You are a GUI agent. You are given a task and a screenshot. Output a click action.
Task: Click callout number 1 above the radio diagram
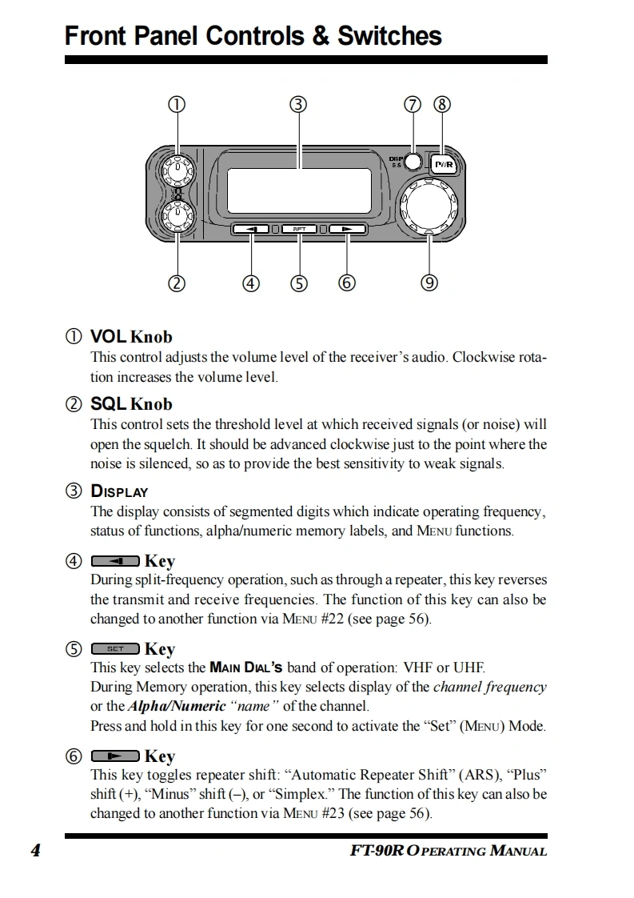coord(177,104)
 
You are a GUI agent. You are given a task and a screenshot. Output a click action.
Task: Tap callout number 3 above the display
coord(299,104)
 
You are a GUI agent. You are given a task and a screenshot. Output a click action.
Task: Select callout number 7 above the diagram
coord(413,104)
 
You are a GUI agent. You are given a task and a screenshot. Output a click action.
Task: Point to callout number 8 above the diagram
coord(442,104)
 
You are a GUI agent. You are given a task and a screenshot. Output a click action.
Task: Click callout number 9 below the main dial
coord(430,282)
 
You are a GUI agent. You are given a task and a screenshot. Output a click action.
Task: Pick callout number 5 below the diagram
coord(299,283)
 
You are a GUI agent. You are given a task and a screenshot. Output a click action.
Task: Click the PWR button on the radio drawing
coord(444,165)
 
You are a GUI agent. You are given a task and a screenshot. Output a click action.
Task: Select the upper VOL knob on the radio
coord(177,170)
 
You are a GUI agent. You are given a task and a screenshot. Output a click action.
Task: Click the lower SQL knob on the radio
coord(177,216)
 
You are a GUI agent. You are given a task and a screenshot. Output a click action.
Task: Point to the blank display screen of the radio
coord(299,190)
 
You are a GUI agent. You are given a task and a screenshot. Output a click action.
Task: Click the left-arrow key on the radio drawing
coord(251,230)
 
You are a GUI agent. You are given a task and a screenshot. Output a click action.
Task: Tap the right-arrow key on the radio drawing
coord(347,230)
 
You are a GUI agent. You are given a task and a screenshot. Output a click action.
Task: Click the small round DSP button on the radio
coord(413,162)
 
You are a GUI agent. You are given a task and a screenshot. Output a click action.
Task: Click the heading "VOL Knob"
coord(131,337)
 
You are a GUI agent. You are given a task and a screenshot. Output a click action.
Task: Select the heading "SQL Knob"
coord(131,404)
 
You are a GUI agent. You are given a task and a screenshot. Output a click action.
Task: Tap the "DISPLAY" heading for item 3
coord(119,491)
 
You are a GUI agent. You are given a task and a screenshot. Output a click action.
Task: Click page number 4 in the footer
coord(35,850)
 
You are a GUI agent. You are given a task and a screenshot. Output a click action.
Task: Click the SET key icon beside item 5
coord(115,648)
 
